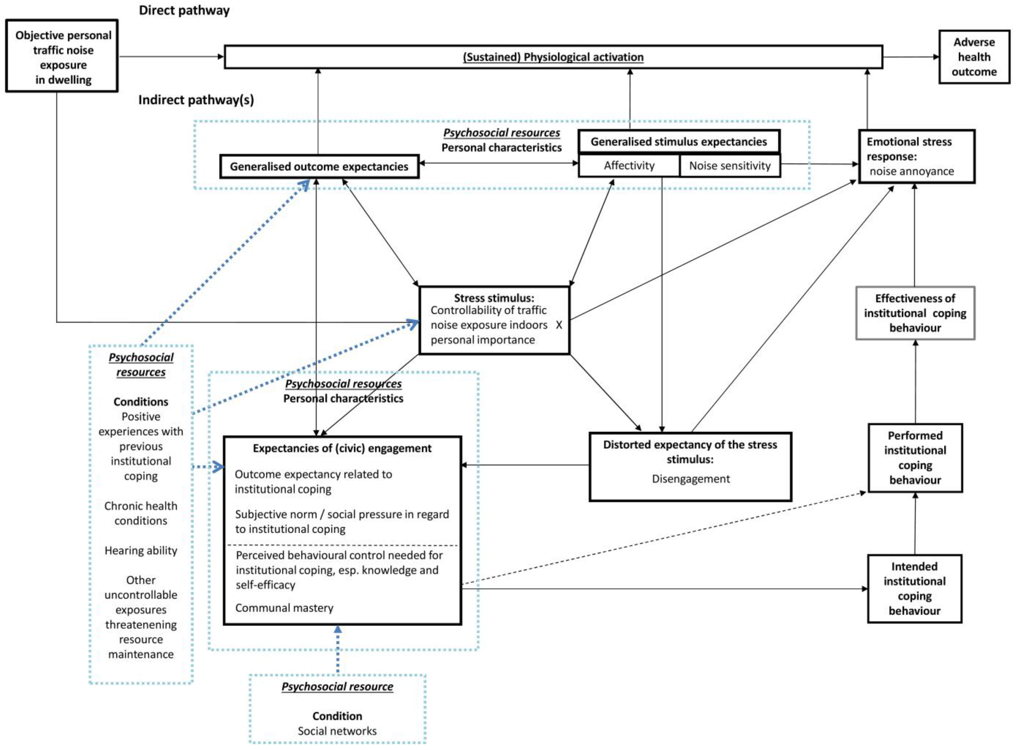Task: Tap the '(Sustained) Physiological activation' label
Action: coord(553,57)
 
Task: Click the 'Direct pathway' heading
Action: coord(184,10)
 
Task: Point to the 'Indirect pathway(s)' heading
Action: coord(196,99)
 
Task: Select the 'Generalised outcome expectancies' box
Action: coord(319,167)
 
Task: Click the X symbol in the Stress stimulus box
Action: coord(559,325)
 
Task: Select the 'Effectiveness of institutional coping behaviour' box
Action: coord(915,313)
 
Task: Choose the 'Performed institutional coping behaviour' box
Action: coord(915,458)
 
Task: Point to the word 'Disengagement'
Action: coord(690,479)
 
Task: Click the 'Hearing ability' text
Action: coord(141,551)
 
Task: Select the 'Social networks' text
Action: coord(337,731)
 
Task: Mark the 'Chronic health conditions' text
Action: coord(141,513)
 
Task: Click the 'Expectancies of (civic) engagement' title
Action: coord(342,448)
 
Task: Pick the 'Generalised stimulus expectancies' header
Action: coord(679,142)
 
